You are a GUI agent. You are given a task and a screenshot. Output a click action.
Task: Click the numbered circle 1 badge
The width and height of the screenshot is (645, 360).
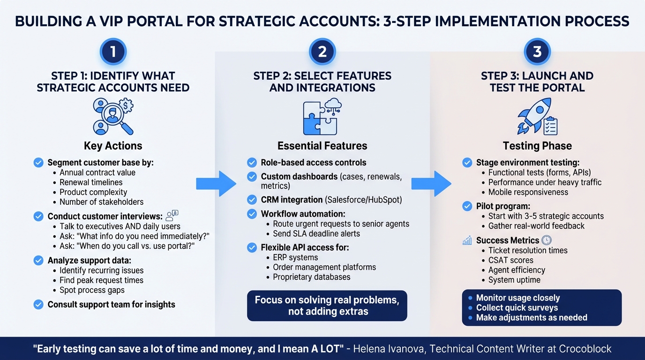[x=113, y=51]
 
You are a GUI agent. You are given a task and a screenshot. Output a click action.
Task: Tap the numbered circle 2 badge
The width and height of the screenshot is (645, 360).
[x=322, y=51]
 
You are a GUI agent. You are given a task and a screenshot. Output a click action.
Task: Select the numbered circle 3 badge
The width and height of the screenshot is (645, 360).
[x=537, y=51]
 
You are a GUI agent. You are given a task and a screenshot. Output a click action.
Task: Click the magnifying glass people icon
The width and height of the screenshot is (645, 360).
[x=113, y=116]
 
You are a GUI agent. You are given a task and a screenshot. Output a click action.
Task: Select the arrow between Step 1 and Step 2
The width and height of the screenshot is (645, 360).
[x=216, y=184]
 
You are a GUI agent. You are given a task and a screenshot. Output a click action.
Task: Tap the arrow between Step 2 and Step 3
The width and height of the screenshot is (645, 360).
[x=431, y=184]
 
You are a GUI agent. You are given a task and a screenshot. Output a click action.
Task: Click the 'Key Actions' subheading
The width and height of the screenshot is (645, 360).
[x=113, y=146]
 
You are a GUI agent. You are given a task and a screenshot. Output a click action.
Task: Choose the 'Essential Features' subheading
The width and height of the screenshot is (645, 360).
[x=322, y=146]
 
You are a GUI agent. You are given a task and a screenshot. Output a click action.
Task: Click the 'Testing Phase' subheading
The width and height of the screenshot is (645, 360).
[x=537, y=146]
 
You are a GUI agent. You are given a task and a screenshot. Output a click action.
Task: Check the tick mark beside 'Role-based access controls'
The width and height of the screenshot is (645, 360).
[x=252, y=163]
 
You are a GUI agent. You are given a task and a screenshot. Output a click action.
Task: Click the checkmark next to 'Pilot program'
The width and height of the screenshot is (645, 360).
[x=467, y=206]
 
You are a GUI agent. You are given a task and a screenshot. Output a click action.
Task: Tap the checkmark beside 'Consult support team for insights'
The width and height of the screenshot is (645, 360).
[x=38, y=305]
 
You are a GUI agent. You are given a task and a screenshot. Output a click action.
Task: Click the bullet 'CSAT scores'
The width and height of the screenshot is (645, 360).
[x=510, y=260]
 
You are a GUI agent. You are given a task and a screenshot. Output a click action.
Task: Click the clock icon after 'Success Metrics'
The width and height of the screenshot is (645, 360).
[x=547, y=240]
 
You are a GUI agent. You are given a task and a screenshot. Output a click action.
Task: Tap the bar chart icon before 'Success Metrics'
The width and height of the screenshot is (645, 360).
[x=467, y=240]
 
